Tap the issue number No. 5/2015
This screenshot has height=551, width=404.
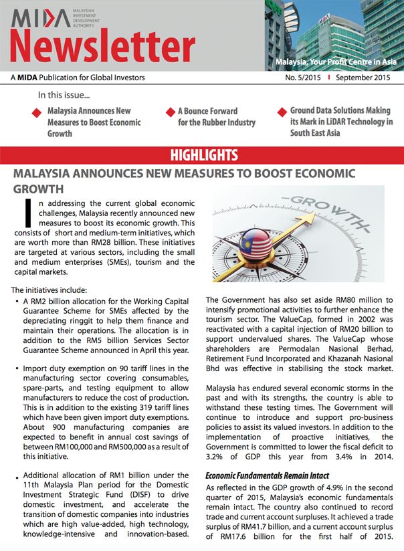coord(303,78)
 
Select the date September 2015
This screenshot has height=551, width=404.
coord(363,78)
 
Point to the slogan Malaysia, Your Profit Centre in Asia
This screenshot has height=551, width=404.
coord(336,62)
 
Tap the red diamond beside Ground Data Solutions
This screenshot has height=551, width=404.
coord(282,112)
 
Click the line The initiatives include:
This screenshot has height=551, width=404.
coord(49,290)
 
